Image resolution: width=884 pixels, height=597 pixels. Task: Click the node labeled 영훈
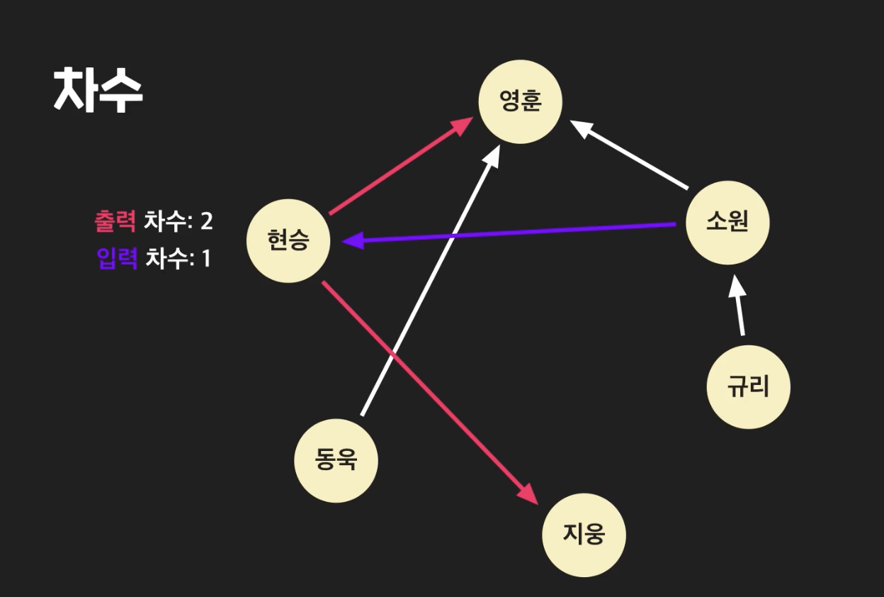(x=521, y=102)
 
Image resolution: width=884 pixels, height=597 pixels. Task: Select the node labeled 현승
(x=288, y=241)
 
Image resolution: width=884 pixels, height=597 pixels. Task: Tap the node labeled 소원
(x=727, y=223)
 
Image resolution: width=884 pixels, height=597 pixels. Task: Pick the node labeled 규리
(x=748, y=387)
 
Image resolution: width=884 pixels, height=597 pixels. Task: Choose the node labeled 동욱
(x=336, y=461)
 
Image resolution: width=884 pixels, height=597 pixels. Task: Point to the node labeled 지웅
(x=584, y=535)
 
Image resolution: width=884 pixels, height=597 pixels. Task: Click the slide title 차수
(x=98, y=90)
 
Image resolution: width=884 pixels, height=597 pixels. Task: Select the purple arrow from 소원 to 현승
(x=510, y=233)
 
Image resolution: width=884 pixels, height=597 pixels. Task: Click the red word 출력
(x=115, y=221)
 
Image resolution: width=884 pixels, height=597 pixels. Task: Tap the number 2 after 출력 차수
(x=206, y=221)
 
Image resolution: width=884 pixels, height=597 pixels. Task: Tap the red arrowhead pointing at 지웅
(x=530, y=494)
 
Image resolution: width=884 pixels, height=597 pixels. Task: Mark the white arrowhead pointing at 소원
(x=737, y=286)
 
